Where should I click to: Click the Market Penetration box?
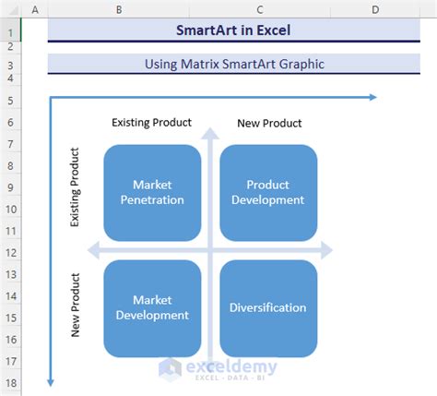[151, 191]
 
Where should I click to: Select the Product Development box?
[267, 191]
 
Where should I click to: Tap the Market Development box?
[151, 307]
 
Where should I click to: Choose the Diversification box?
[267, 307]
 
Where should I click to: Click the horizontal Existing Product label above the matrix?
[151, 122]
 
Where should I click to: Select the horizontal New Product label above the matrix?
[269, 123]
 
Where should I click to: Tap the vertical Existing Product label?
[75, 188]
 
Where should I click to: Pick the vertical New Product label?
[75, 305]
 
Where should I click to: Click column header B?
[120, 9]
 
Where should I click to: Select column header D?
[375, 9]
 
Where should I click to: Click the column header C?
[259, 9]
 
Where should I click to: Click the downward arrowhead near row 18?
[50, 383]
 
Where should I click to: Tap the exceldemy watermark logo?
[170, 369]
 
